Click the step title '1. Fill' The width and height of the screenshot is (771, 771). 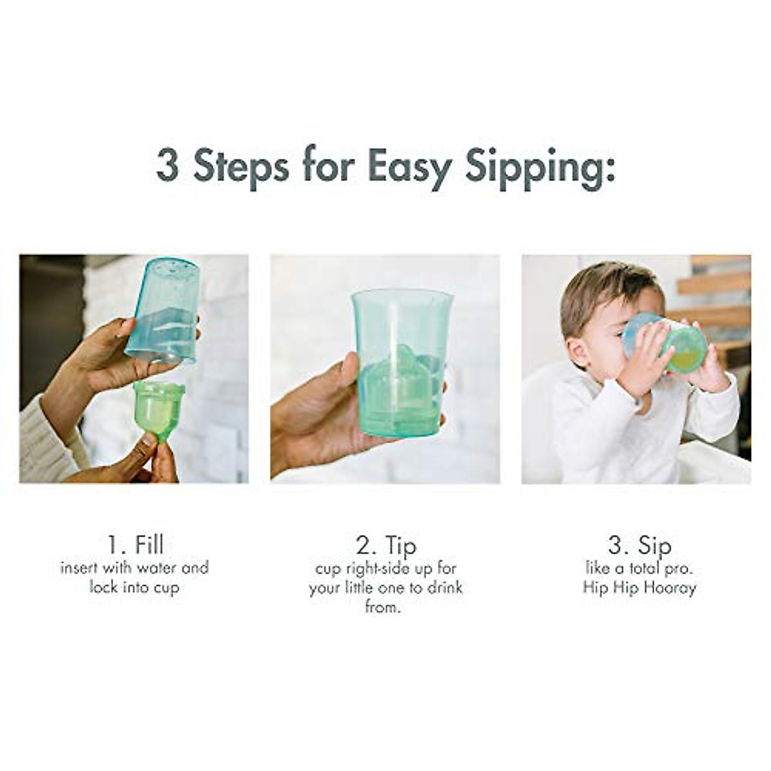point(134,545)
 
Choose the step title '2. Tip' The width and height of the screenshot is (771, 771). point(385,545)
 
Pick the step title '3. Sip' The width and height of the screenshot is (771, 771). point(639,545)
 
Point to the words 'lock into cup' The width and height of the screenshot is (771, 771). point(134,587)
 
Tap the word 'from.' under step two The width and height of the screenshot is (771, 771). point(383,607)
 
